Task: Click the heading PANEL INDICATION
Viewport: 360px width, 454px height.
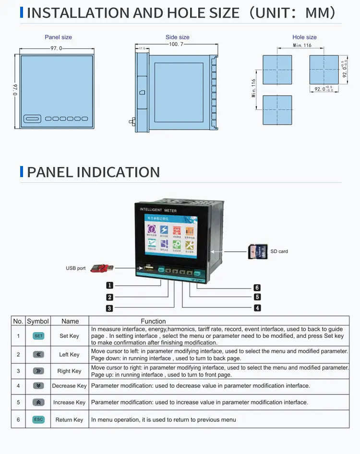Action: point(93,172)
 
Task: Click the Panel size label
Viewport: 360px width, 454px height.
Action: point(58,37)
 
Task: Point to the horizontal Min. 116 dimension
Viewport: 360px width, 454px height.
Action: point(302,45)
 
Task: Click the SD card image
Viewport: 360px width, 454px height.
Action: point(257,251)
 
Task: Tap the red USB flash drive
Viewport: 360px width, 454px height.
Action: point(102,267)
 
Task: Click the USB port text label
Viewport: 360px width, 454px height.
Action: point(75,268)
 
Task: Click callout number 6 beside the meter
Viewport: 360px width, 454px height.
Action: point(257,287)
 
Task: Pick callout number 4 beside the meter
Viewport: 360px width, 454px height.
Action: point(257,308)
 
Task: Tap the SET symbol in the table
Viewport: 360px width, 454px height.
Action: point(38,336)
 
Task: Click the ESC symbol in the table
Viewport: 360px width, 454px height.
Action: point(38,419)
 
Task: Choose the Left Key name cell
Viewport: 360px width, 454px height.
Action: point(69,355)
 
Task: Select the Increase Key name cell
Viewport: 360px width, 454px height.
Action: point(69,403)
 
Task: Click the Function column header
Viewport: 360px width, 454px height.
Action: point(153,321)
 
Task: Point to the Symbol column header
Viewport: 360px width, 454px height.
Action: point(38,321)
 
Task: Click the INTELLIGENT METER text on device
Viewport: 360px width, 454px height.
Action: point(158,210)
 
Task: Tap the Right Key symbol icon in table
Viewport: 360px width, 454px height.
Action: point(38,371)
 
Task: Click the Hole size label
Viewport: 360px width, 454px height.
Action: point(304,37)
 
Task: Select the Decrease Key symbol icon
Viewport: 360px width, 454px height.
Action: point(38,386)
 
